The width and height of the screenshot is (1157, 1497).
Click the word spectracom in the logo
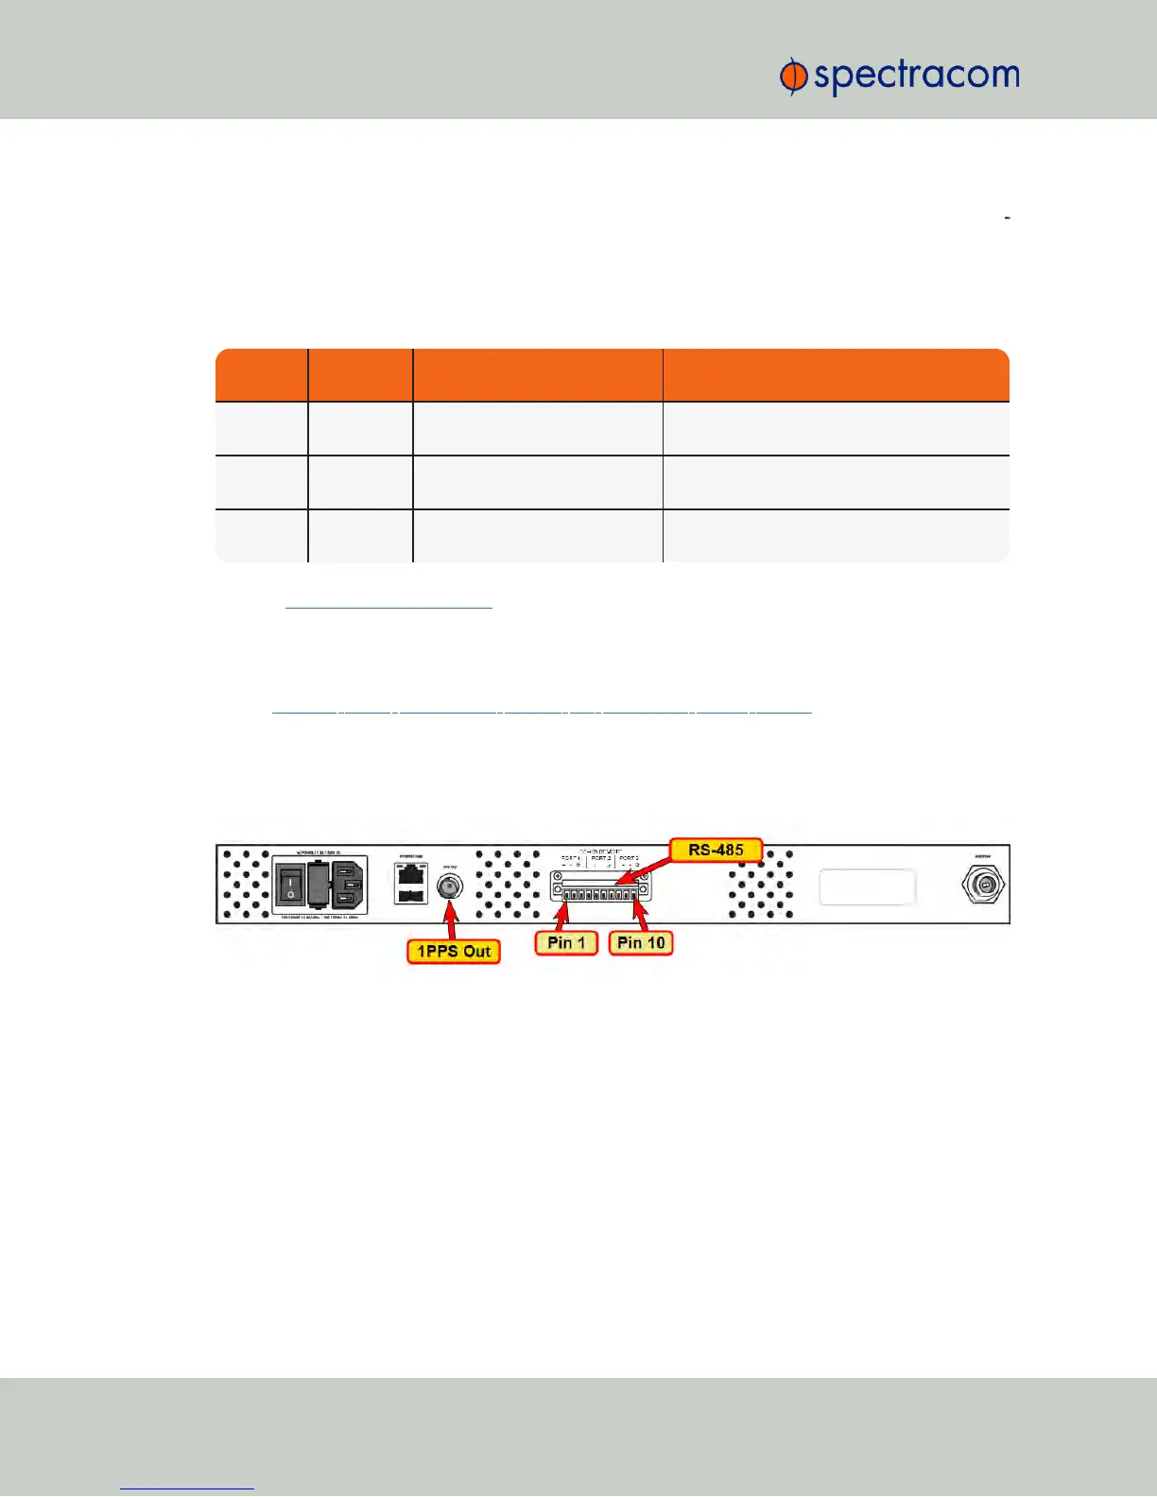tap(916, 76)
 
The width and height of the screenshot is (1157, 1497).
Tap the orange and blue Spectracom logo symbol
tap(792, 77)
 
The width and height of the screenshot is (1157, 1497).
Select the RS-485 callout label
tap(716, 850)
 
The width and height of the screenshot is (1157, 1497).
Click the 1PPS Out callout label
tap(454, 951)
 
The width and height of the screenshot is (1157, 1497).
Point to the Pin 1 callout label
tap(566, 942)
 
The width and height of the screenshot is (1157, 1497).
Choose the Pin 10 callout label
tap(641, 942)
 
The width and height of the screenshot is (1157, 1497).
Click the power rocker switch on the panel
tap(290, 886)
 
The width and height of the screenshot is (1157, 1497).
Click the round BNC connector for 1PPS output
tap(449, 887)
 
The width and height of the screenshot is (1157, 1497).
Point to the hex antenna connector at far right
tap(983, 886)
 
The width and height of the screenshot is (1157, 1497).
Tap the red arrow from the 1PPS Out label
tap(452, 920)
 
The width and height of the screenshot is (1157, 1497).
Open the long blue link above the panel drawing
tap(542, 708)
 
